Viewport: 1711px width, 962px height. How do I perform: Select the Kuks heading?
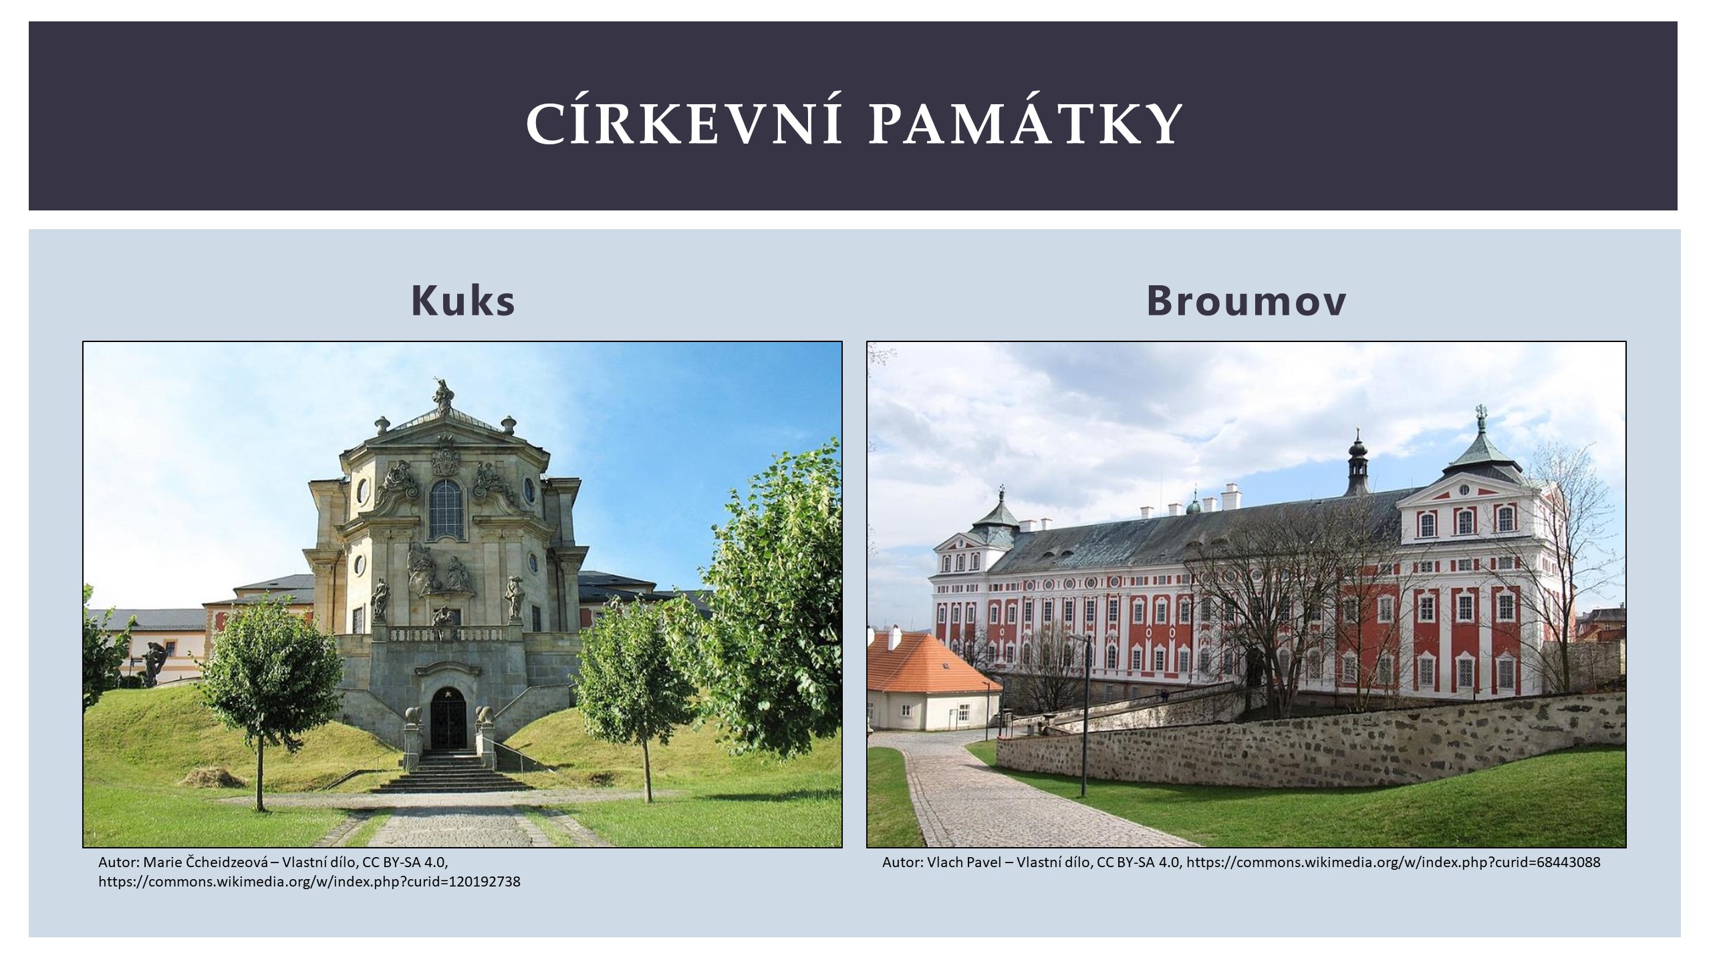[463, 301]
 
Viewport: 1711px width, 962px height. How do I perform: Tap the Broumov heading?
[1246, 301]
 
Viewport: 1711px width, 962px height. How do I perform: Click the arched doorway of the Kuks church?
[448, 719]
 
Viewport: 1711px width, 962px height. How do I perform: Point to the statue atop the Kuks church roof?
[442, 394]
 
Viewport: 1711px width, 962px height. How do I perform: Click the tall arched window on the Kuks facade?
[446, 509]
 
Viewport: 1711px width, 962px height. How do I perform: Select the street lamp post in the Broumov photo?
[1085, 718]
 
